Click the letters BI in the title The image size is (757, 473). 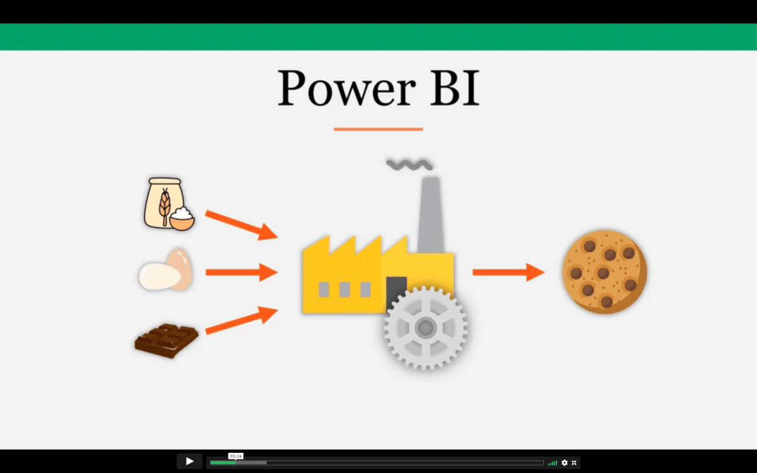click(455, 88)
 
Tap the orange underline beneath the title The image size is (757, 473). click(378, 129)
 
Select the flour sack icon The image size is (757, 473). click(164, 202)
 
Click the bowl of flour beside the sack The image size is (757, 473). click(182, 219)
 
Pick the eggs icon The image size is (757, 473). click(165, 270)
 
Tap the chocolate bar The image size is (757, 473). click(167, 341)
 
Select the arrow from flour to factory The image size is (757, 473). click(242, 225)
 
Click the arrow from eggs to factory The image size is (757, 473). click(242, 272)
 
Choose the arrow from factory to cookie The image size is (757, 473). click(508, 272)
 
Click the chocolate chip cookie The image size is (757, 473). click(604, 272)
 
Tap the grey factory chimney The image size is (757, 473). click(431, 215)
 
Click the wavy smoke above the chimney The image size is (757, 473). click(409, 165)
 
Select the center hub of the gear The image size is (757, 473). click(425, 327)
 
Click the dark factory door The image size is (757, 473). click(396, 291)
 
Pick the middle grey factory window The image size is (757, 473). click(344, 289)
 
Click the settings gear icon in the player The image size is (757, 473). click(565, 463)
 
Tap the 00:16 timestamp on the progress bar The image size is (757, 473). click(236, 457)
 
